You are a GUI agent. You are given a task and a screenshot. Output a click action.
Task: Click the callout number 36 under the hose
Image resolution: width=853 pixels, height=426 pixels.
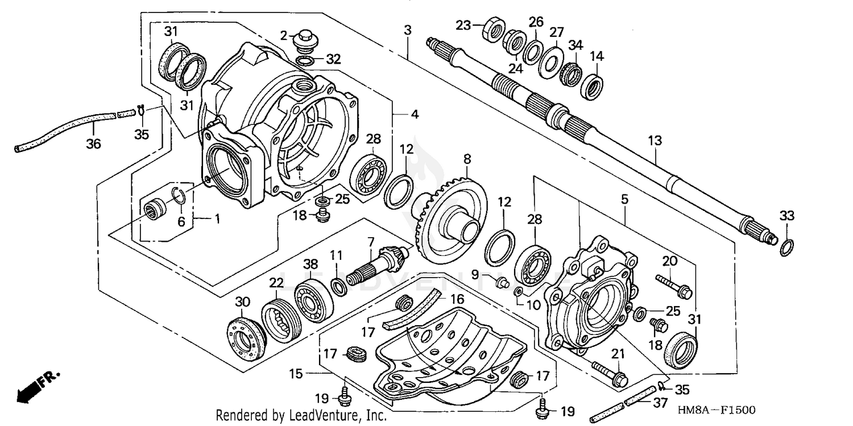(x=93, y=144)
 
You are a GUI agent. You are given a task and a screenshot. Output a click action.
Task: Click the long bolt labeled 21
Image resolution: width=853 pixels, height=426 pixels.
(x=609, y=370)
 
